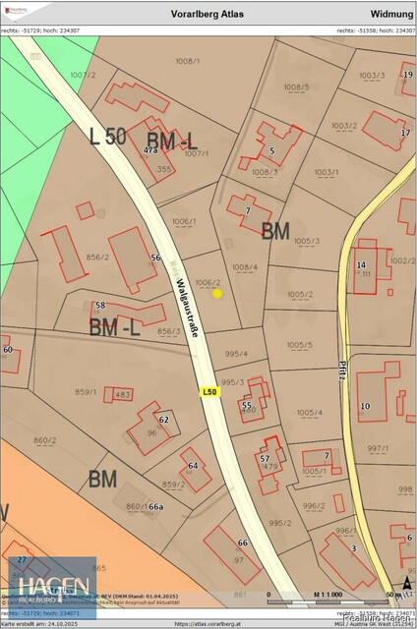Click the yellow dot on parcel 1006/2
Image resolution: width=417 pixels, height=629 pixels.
coord(217,293)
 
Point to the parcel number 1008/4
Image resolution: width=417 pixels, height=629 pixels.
coord(244,266)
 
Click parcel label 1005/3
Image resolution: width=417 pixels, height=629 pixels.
coord(306,241)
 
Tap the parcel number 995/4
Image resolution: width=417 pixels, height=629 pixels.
coord(236,354)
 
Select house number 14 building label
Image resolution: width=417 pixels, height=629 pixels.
coord(361,264)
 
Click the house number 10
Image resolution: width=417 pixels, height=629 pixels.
coord(365,406)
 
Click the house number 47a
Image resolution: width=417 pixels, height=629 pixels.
coord(150,150)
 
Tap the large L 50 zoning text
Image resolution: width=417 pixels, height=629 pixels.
coord(107,137)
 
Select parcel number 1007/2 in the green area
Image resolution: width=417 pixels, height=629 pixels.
coord(84,74)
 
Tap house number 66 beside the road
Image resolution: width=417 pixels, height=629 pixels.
coord(242,543)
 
